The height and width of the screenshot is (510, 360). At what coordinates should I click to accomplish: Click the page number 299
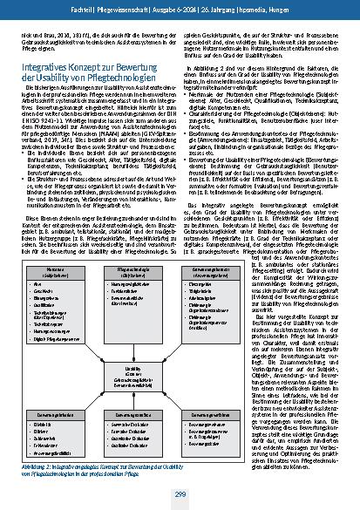point(180,495)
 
